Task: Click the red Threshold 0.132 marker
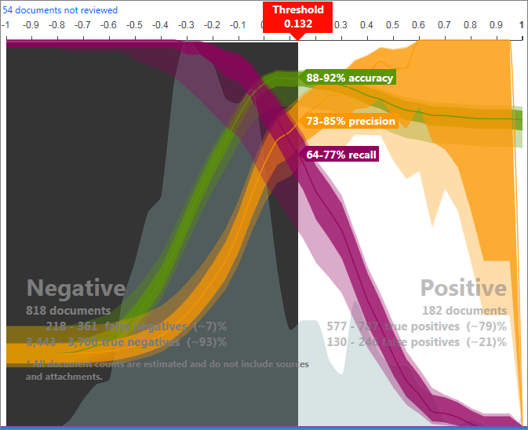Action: (x=298, y=16)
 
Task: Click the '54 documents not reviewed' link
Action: (x=60, y=10)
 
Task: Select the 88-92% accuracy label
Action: (x=349, y=78)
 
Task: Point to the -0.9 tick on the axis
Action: (x=31, y=25)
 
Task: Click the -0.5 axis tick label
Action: (x=134, y=25)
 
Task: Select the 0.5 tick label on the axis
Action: (x=392, y=25)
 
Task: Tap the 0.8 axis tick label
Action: (x=470, y=25)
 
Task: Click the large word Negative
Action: (x=76, y=288)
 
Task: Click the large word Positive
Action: (x=463, y=288)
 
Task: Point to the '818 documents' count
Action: (x=68, y=310)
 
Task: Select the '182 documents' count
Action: (x=464, y=310)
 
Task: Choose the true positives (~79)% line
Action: (x=417, y=326)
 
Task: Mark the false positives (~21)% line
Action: (x=416, y=341)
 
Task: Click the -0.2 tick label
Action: (x=212, y=25)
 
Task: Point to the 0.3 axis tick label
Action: (x=340, y=25)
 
